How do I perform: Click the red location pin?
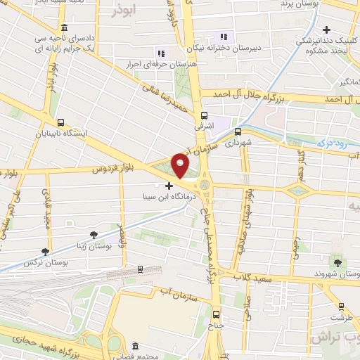click(181, 165)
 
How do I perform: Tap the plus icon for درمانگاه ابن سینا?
click(169, 186)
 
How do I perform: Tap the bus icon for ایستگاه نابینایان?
click(61, 121)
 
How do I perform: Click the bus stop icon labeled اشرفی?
click(204, 116)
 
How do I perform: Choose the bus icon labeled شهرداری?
click(238, 131)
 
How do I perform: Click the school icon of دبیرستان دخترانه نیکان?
click(224, 37)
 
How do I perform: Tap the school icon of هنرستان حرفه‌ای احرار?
click(160, 53)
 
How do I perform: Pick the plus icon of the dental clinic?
click(326, 30)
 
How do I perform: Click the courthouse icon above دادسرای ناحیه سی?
click(64, 26)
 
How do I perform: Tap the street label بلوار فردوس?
click(112, 169)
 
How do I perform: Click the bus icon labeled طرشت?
click(342, 307)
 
